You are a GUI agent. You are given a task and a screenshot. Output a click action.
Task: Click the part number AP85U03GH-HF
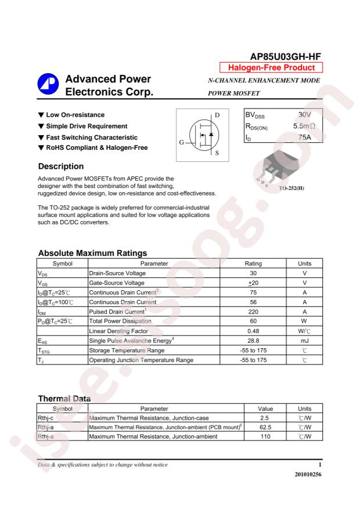[x=285, y=57]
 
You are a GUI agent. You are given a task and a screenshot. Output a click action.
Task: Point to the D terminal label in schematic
[x=217, y=115]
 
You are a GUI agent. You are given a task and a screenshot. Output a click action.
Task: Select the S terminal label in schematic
[x=217, y=153]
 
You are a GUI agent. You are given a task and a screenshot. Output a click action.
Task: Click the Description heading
[x=62, y=167]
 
